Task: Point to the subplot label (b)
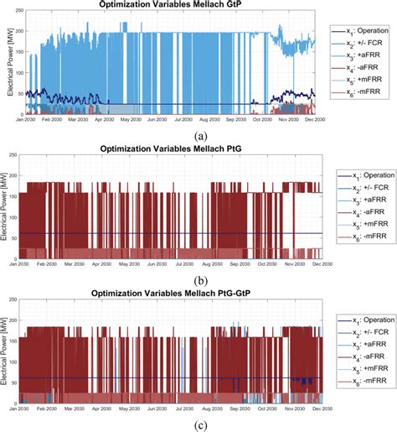point(198,279)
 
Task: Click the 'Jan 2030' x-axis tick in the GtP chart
point(26,120)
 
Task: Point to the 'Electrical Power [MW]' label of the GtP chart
point(7,64)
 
